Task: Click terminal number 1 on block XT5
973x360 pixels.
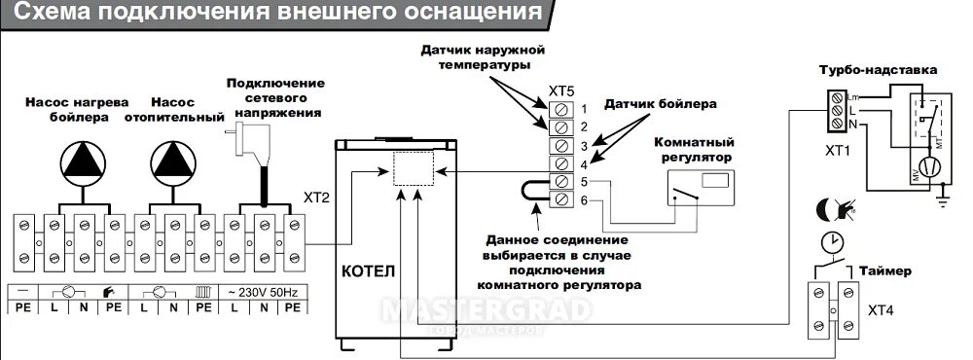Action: point(561,107)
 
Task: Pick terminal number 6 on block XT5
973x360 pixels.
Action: point(561,199)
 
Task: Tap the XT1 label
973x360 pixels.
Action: point(838,153)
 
